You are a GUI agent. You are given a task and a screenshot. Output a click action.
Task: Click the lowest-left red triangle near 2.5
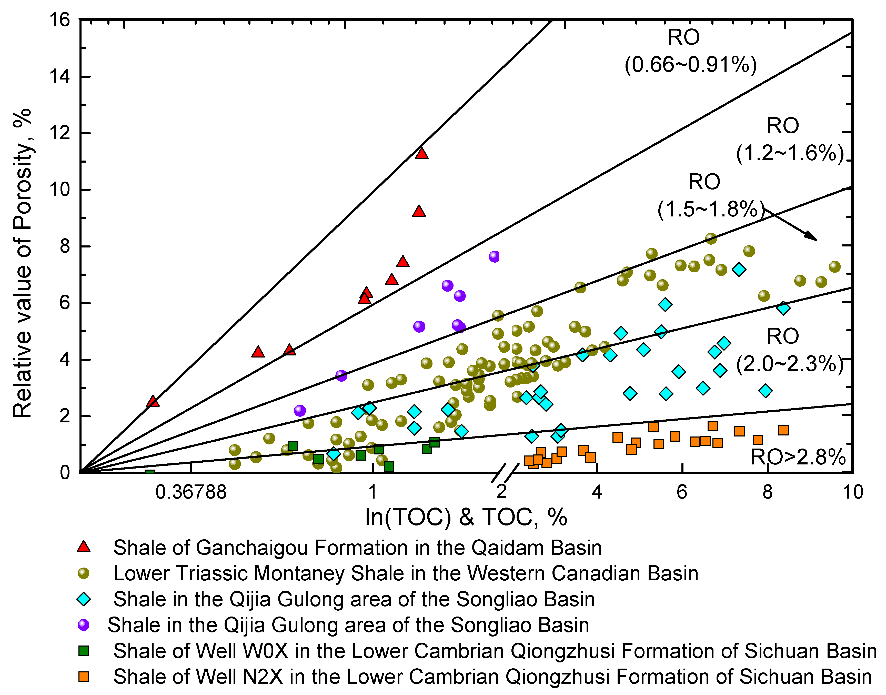coord(153,401)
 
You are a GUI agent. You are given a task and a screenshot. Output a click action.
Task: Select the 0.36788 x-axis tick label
coord(191,492)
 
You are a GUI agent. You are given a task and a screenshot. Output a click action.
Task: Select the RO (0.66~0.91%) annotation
coord(690,51)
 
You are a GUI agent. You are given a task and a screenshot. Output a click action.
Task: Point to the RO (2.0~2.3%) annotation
coord(789,350)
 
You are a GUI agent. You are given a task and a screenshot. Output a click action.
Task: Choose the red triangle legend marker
coord(84,547)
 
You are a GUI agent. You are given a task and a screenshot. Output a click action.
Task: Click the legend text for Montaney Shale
coord(406,573)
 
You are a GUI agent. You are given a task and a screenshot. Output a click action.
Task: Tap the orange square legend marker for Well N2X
coord(84,677)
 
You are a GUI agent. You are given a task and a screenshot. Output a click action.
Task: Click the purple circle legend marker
coord(84,625)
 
